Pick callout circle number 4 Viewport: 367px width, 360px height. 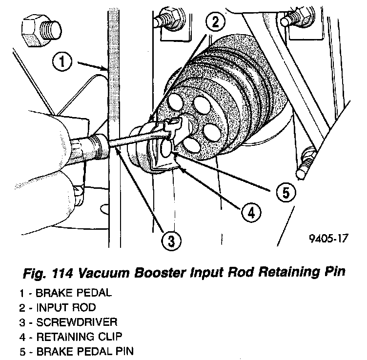250,212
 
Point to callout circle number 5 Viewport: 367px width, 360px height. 285,192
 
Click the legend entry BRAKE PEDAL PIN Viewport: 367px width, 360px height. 68,350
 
